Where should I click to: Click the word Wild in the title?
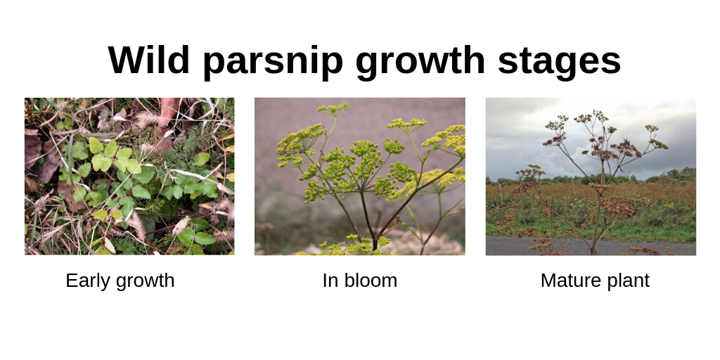(149, 60)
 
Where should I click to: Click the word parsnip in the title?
(272, 63)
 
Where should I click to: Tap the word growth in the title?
(420, 63)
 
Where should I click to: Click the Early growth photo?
(129, 176)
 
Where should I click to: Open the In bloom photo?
(360, 176)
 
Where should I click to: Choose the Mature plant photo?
(591, 176)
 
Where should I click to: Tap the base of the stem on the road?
(592, 251)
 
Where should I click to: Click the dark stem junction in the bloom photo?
(375, 240)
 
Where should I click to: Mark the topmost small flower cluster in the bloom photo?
(333, 109)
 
